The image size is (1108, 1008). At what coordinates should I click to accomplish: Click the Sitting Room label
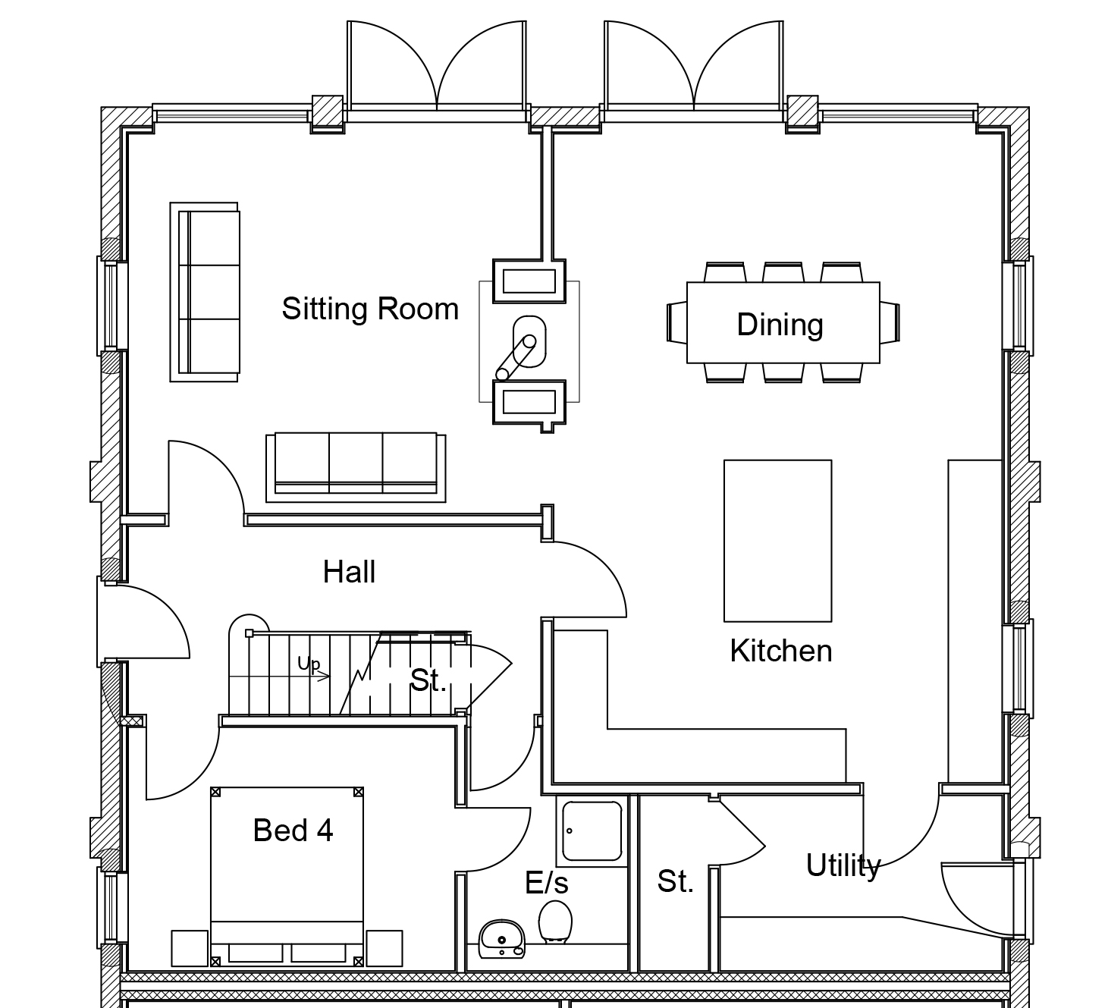(370, 309)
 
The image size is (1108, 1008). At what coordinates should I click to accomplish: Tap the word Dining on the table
(780, 325)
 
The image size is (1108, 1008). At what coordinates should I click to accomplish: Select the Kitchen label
(780, 651)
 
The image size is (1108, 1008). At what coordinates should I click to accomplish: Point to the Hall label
(349, 571)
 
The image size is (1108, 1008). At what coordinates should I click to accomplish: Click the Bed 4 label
(293, 830)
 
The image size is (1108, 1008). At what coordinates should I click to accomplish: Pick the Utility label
(843, 866)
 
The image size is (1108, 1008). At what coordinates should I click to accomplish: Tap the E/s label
(546, 883)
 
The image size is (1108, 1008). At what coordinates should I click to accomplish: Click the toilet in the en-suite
(555, 922)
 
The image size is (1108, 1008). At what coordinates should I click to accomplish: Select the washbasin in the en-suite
(501, 939)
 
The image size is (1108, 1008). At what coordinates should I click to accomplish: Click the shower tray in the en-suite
(592, 831)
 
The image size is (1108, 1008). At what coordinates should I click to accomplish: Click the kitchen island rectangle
(777, 541)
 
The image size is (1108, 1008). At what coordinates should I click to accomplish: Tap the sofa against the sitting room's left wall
(204, 292)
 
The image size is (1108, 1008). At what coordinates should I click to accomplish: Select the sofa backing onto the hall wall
(356, 467)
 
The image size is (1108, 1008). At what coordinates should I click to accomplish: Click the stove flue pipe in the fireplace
(516, 358)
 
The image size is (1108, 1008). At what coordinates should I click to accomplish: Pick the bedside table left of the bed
(190, 948)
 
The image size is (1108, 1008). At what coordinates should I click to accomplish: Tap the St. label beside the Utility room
(675, 881)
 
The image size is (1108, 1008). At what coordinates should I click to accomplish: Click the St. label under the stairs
(428, 680)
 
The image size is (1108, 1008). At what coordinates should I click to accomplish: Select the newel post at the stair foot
(249, 633)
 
